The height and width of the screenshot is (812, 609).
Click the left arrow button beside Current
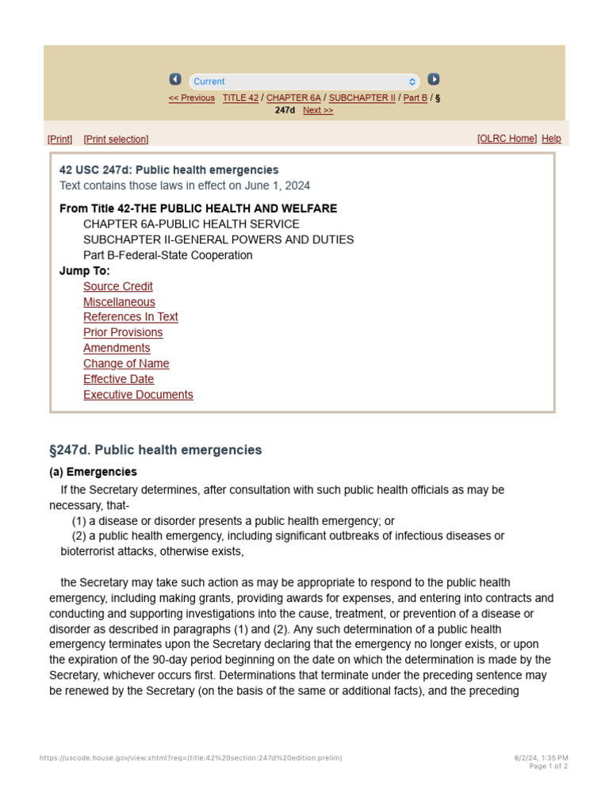pos(175,79)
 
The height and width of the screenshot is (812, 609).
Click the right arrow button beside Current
pos(434,79)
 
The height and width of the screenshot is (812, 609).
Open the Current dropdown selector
pos(304,82)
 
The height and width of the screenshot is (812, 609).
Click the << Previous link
pos(191,98)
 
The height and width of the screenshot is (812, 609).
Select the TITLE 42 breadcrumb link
pos(240,98)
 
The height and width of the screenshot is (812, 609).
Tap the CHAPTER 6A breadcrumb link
pos(293,98)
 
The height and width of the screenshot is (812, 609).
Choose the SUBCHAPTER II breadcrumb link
pos(362,98)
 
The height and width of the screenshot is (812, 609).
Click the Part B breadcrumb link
pos(416,98)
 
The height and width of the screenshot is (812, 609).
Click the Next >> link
pos(318,110)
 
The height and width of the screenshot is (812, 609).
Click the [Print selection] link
pos(116,140)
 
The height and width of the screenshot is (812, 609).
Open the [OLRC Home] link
pos(507,139)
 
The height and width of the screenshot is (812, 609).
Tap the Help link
pos(551,139)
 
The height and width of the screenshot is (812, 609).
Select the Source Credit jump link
pos(118,286)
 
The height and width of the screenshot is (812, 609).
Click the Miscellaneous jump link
pos(119,302)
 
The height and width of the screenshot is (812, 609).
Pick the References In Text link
pos(131,317)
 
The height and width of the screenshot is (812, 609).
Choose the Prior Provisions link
pos(123,332)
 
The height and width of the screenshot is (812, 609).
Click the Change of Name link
pos(126,363)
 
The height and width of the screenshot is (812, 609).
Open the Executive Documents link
pos(138,395)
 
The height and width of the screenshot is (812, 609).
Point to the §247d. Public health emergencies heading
pos(155,450)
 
